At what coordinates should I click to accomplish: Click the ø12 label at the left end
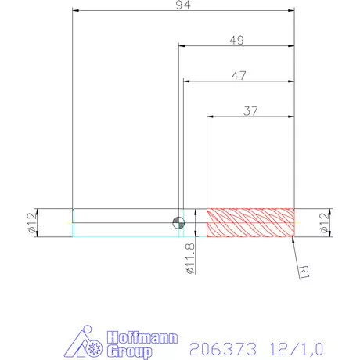32,223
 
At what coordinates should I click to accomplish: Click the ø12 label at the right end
326,223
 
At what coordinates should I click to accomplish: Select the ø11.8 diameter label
189,258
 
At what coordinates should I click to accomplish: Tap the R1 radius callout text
306,272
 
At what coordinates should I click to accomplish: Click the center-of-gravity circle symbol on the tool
179,222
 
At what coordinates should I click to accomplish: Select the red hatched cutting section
250,222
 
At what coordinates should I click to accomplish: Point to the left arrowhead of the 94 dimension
75,12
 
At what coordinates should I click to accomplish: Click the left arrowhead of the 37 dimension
210,117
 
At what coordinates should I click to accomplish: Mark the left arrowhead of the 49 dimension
182,47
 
